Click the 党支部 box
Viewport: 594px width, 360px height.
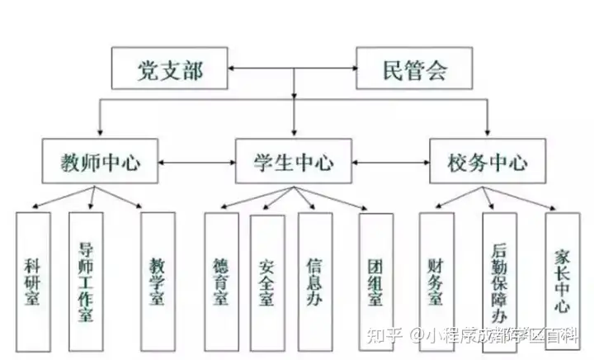click(169, 70)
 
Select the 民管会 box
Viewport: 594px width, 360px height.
click(415, 69)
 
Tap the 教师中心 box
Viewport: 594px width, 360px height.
click(101, 162)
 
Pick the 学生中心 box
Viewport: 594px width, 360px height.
click(294, 161)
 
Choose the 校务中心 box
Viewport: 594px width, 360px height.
click(488, 161)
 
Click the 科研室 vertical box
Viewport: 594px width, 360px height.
click(33, 281)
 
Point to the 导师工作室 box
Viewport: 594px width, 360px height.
click(86, 281)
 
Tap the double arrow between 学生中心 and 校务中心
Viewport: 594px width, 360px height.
click(391, 162)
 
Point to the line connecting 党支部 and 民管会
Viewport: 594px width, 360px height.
click(292, 69)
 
